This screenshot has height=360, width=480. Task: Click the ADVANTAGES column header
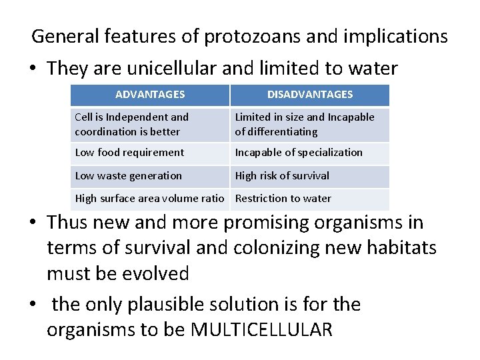coord(150,95)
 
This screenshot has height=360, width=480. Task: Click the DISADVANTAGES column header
coord(310,95)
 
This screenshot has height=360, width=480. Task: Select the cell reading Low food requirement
coord(129,153)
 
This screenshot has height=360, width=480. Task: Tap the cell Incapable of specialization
coord(299,153)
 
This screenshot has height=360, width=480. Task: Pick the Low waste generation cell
coord(128,176)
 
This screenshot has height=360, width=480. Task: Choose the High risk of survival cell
coord(282,176)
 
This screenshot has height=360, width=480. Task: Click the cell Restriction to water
coord(283,199)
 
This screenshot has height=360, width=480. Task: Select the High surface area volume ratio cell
coord(149,199)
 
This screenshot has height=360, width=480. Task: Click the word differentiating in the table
coord(276,131)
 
